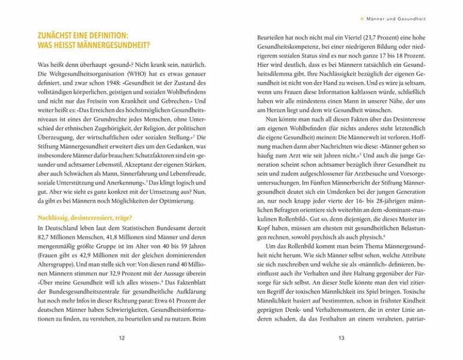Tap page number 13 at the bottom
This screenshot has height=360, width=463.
coord(341,338)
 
